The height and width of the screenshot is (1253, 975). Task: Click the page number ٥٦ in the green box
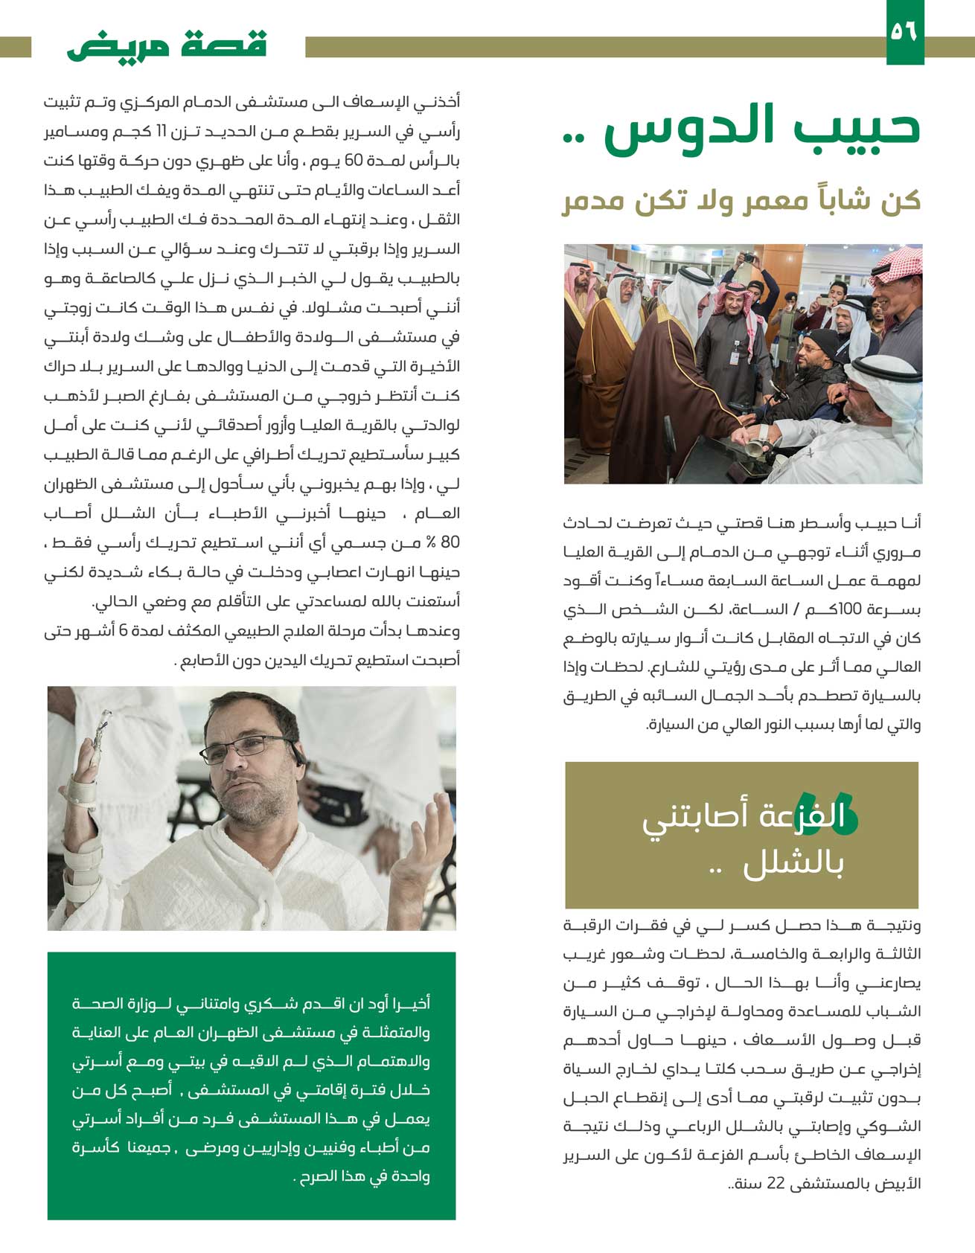point(905,32)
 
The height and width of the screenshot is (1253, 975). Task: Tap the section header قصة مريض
point(167,45)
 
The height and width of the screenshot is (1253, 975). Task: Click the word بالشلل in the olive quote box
point(793,865)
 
